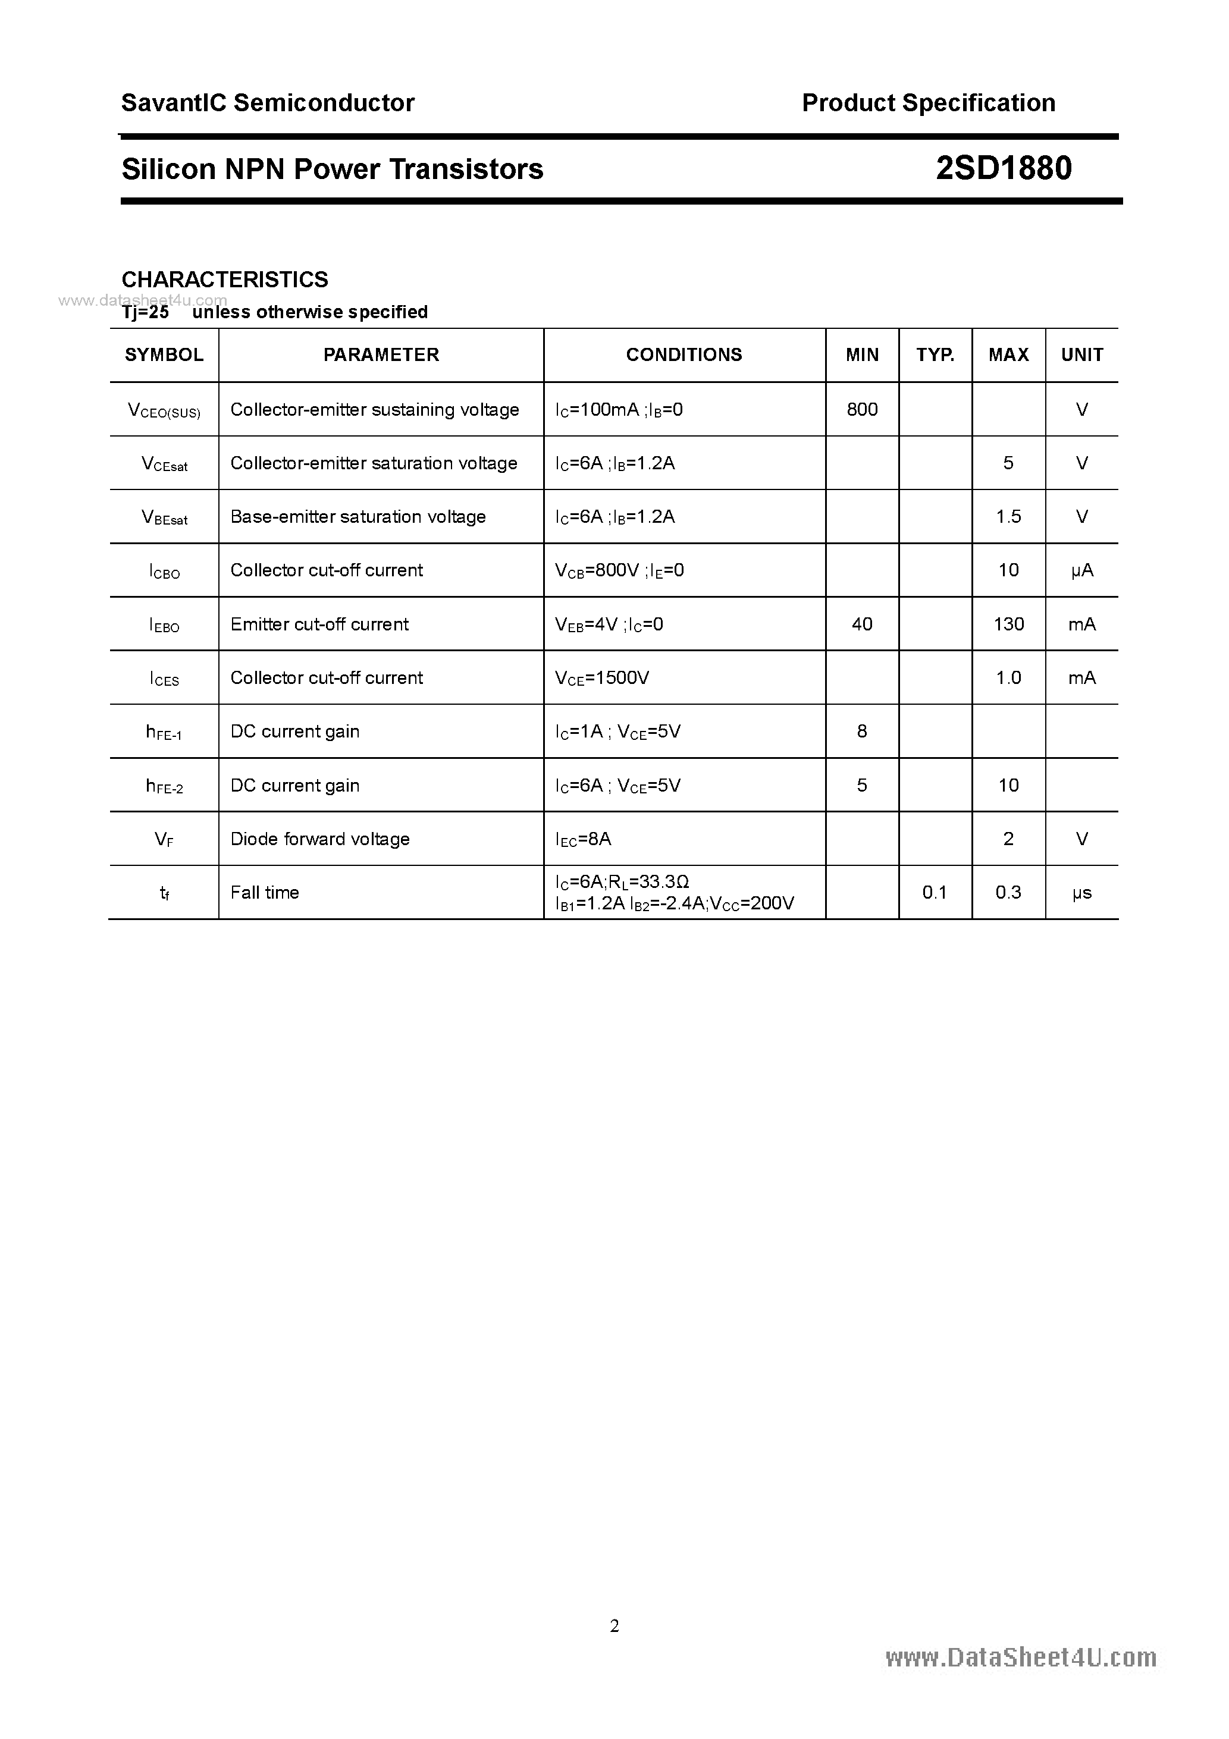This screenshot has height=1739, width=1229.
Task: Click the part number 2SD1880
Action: coord(1003,168)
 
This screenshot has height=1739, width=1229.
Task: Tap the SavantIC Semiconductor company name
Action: coord(268,102)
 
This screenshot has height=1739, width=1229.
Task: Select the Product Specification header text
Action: coord(928,102)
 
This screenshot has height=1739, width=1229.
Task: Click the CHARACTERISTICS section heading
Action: coord(225,280)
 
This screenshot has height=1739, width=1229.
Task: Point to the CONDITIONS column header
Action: coord(684,354)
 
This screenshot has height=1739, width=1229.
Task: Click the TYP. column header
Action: coord(935,354)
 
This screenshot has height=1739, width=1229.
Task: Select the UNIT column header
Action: coord(1081,354)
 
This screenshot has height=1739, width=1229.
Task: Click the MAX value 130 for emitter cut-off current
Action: coord(1008,624)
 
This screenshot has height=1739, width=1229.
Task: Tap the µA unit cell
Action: coord(1081,570)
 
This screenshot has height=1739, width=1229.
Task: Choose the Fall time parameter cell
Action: coord(265,892)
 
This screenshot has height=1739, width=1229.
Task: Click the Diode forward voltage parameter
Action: coord(320,839)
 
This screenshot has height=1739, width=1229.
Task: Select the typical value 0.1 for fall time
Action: coord(935,892)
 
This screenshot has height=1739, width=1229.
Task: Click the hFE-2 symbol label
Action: coord(164,786)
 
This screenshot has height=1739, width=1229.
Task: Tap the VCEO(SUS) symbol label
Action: coord(164,410)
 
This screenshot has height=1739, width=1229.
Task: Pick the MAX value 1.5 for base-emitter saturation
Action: coord(1008,517)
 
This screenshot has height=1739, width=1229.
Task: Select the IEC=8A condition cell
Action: coord(583,839)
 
